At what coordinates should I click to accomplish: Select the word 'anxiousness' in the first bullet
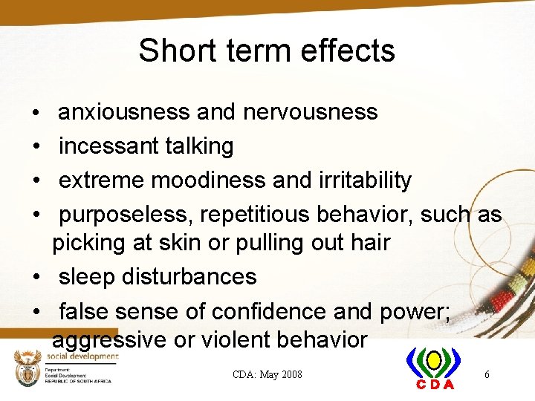pyautogui.click(x=124, y=112)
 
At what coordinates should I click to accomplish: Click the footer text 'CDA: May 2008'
pyautogui.click(x=267, y=374)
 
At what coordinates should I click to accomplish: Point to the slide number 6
pyautogui.click(x=487, y=374)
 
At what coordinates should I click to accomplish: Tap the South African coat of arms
pyautogui.click(x=30, y=368)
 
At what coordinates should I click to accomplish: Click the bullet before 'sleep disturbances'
pyautogui.click(x=36, y=278)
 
